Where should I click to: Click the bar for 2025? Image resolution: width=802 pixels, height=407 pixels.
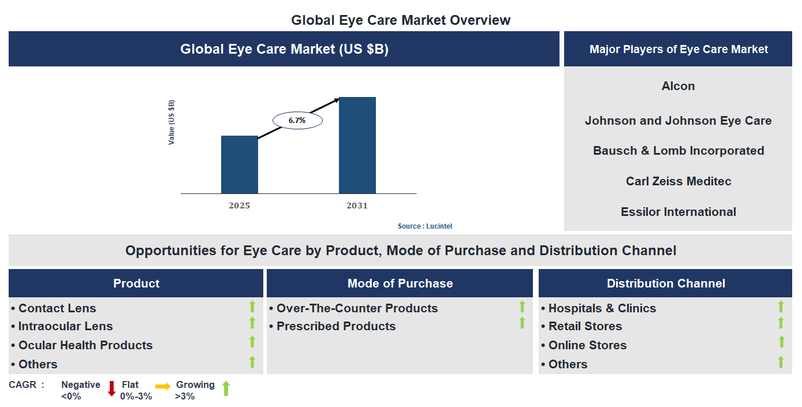pos(239,165)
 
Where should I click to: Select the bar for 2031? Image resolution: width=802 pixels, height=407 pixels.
pos(357,145)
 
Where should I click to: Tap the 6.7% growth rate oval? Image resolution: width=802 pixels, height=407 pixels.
pos(297,121)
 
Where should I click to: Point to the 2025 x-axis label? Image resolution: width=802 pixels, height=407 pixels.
pos(239,206)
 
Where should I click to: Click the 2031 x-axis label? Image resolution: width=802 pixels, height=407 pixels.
pos(357,206)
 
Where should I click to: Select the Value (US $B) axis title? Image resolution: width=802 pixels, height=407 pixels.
pos(171,122)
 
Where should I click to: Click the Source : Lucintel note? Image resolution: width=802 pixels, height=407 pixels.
pos(424,226)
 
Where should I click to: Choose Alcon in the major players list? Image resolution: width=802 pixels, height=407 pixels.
pos(678,86)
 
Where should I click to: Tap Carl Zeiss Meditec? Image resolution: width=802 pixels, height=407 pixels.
pos(678,181)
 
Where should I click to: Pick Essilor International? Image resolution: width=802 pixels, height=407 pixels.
pos(678,212)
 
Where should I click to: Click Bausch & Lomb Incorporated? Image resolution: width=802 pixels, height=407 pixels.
pos(678,151)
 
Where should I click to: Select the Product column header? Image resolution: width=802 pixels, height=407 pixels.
pos(136,283)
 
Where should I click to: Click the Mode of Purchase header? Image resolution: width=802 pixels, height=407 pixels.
pos(400,283)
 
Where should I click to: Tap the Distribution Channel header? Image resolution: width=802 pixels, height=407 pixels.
pos(665,283)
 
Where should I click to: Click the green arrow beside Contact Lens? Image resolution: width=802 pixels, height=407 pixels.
pos(252,307)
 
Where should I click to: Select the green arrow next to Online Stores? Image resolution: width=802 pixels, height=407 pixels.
pos(781,342)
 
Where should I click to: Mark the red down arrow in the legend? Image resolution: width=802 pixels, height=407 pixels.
pos(112,389)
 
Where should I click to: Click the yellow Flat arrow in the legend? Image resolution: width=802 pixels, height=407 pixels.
pos(163,387)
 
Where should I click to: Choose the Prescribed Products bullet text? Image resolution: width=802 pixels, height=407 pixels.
pos(335,326)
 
